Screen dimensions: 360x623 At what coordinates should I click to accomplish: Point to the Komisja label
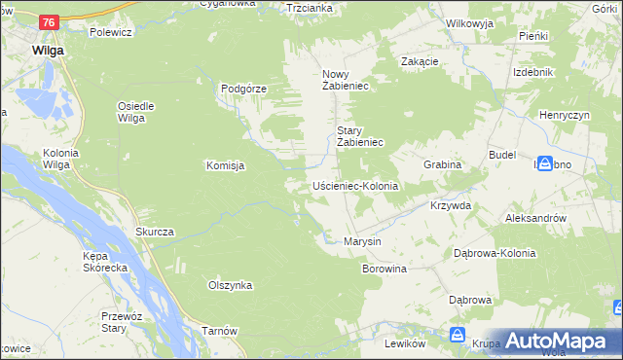[x=225, y=165]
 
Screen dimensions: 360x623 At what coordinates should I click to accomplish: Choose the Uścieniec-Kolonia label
[x=355, y=185]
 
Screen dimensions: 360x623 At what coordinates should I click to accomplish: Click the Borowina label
[x=384, y=268]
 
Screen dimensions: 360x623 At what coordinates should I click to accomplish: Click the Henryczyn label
[x=566, y=116]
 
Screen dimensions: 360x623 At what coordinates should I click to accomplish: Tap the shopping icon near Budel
[x=544, y=164]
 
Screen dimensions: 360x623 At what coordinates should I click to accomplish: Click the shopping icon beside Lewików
[x=457, y=336]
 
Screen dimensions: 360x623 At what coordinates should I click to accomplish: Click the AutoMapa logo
[x=556, y=341]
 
